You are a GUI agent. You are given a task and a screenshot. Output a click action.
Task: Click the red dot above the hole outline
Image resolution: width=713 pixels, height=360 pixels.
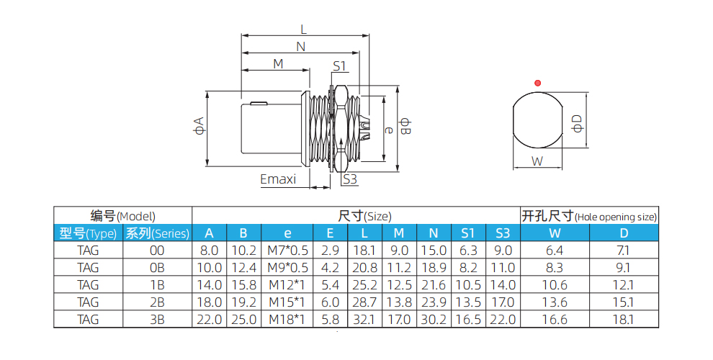(537, 83)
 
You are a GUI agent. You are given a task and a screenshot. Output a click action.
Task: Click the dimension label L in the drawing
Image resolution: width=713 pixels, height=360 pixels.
(303, 30)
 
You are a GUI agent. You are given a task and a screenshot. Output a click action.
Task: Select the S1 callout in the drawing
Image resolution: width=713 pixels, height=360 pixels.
(340, 66)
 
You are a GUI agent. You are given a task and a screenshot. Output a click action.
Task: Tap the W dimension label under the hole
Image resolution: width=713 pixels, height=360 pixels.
(537, 161)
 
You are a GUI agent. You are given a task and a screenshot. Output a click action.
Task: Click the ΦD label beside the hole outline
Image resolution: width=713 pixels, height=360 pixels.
(577, 122)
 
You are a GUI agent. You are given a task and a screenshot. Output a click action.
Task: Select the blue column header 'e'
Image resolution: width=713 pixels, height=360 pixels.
(287, 233)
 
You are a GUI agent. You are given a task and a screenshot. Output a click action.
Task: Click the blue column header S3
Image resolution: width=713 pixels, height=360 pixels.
(503, 233)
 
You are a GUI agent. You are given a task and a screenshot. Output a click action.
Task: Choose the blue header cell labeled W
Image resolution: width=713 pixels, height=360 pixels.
(555, 233)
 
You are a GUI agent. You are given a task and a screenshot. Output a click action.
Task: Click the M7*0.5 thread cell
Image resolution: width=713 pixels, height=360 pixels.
(287, 251)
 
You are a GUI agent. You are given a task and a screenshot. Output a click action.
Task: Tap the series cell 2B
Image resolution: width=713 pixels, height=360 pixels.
(157, 302)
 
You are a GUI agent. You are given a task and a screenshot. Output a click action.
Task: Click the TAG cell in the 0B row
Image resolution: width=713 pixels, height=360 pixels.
(88, 268)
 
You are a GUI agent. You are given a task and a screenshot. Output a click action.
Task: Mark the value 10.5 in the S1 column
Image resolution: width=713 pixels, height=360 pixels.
(468, 285)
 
